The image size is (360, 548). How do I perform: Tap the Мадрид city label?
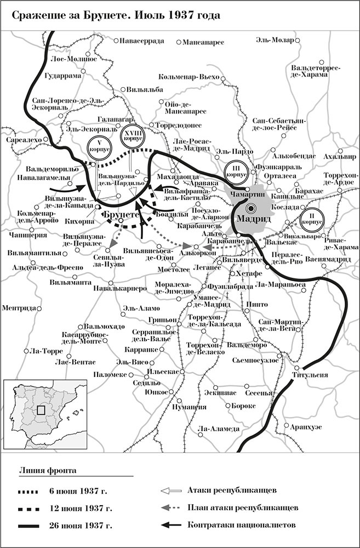point(254,219)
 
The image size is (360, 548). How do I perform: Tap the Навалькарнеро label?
point(119,287)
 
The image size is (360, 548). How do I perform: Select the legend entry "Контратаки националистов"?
point(242,525)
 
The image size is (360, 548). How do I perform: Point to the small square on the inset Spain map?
point(41,409)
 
